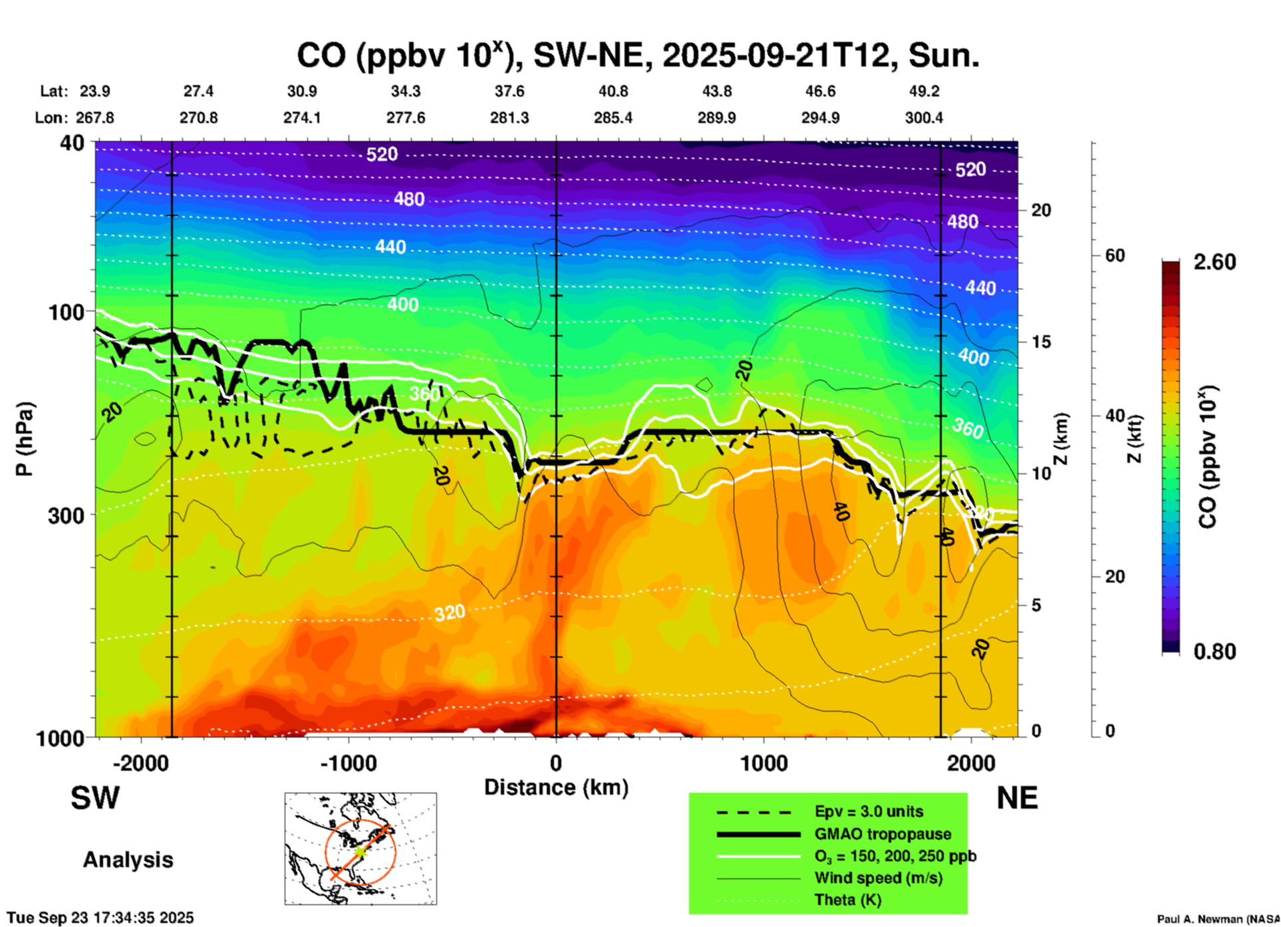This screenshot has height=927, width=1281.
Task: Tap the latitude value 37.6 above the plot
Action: pos(509,91)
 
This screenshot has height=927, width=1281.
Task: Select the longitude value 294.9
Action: pos(820,118)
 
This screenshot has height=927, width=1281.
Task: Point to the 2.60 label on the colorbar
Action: pos(1214,262)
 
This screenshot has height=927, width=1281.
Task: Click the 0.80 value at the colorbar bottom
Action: pos(1214,651)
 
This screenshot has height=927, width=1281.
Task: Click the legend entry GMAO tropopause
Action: pos(883,834)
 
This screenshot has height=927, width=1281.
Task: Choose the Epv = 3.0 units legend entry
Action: pos(869,811)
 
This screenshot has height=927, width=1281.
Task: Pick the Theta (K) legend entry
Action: pos(847,900)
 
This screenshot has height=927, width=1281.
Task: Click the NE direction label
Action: pos(1017,798)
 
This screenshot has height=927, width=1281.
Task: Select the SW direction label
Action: pos(95,798)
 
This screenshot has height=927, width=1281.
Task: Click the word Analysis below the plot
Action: pos(128,859)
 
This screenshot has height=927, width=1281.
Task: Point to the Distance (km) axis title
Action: pos(556,787)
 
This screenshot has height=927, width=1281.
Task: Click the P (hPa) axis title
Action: pos(25,439)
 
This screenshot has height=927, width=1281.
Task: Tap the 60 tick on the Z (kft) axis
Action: pos(1115,255)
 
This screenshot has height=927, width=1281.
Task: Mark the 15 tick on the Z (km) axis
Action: pos(1041,342)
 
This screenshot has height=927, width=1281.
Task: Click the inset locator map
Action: pos(360,849)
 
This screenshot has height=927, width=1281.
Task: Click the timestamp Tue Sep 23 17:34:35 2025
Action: pos(100,918)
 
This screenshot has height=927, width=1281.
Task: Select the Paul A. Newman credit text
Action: pos(1218,919)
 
